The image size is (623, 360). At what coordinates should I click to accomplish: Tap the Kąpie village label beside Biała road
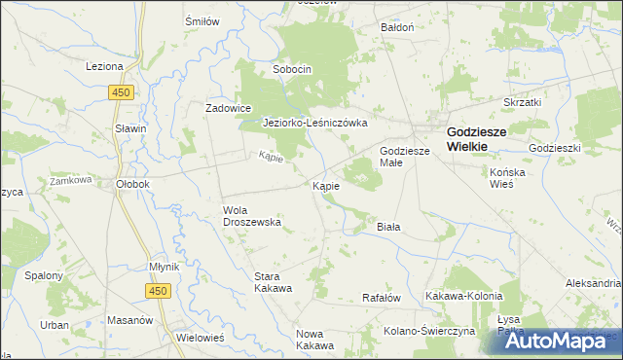coord(326,185)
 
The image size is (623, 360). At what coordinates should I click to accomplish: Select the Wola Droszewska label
coord(252,215)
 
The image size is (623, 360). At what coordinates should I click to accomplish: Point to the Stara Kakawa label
coord(274,282)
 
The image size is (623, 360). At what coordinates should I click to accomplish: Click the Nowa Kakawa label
coord(315,340)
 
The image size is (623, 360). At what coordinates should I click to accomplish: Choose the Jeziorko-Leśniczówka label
coord(315,124)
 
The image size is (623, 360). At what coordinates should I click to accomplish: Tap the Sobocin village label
coord(292,69)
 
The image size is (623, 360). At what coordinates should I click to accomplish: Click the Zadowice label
coord(229,108)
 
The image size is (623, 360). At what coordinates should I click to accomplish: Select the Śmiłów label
coord(202,20)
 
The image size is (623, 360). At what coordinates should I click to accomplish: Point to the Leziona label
coord(104,66)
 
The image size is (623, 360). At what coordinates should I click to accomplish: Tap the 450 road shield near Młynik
coord(159,290)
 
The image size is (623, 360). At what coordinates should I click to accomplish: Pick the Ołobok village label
coord(131,183)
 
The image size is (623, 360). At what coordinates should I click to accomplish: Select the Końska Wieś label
coord(507,177)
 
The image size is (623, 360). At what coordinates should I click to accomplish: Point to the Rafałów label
coord(382,298)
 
